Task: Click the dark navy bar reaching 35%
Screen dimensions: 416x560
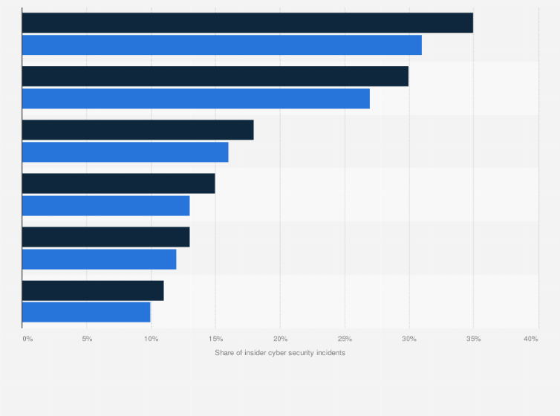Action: (x=247, y=23)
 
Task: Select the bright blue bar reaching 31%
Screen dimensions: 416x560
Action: (x=221, y=45)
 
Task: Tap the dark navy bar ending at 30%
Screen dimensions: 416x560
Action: (x=215, y=77)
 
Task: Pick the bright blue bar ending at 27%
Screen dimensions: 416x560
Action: (x=196, y=98)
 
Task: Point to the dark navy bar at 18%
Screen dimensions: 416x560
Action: (x=138, y=130)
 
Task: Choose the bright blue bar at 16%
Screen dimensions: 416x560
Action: (x=126, y=152)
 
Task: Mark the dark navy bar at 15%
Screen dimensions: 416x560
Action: (x=119, y=183)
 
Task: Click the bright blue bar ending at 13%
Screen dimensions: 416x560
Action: (x=106, y=205)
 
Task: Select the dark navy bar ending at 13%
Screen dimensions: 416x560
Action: (x=106, y=237)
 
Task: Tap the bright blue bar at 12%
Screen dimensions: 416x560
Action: (x=100, y=259)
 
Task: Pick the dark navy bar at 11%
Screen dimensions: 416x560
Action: (x=93, y=290)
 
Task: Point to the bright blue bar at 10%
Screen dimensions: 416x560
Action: (x=86, y=312)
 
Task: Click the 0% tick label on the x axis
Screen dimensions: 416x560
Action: (x=27, y=339)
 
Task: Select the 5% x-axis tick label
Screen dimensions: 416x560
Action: (x=87, y=339)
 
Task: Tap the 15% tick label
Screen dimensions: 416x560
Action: (x=215, y=339)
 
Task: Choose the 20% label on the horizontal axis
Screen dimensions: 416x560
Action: (x=280, y=339)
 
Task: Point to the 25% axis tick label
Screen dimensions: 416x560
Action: (x=345, y=339)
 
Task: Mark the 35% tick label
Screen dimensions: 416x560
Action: (x=473, y=339)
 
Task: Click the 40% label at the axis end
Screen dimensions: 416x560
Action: (x=530, y=339)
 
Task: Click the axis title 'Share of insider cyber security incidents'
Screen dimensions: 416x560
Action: (x=280, y=353)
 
